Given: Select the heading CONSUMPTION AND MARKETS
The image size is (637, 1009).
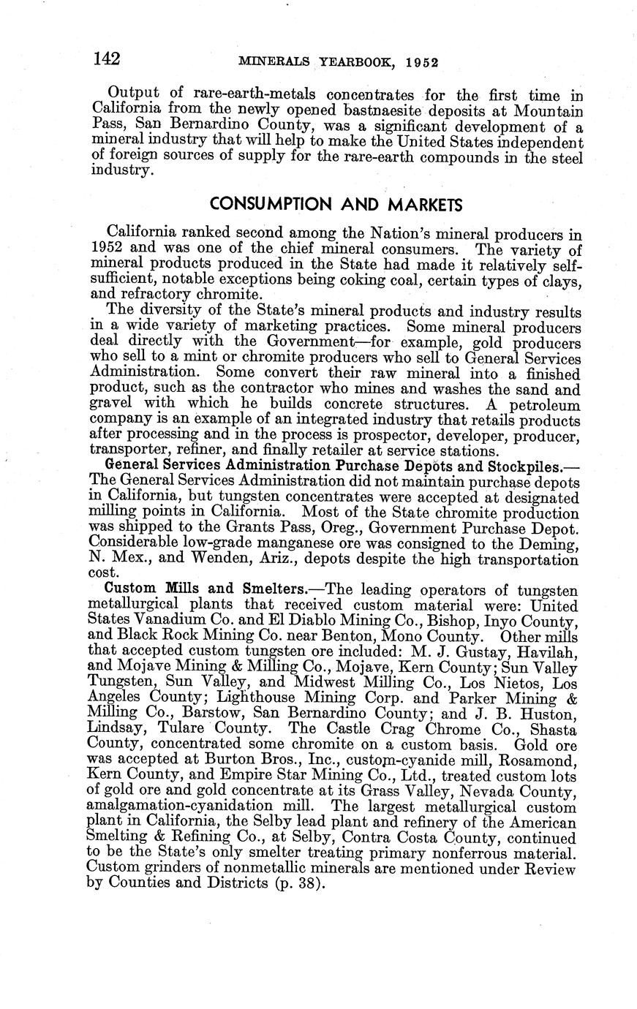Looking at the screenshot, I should click(x=336, y=203).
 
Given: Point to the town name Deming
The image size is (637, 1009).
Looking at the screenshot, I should click(x=552, y=544).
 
